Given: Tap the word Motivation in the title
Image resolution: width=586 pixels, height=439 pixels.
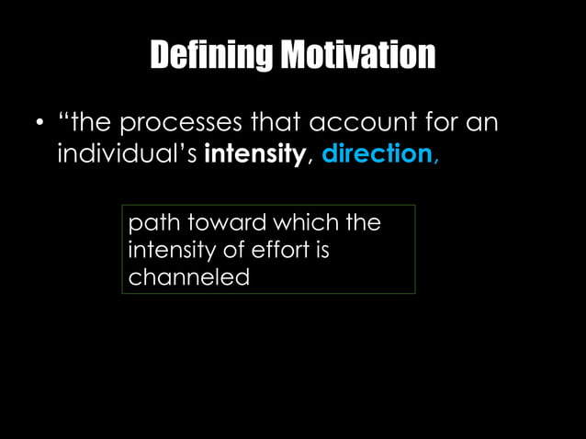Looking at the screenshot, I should [x=358, y=57].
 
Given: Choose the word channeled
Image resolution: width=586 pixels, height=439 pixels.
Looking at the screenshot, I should [x=188, y=276].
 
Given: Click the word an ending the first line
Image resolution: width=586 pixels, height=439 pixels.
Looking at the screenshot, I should [x=483, y=123].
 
